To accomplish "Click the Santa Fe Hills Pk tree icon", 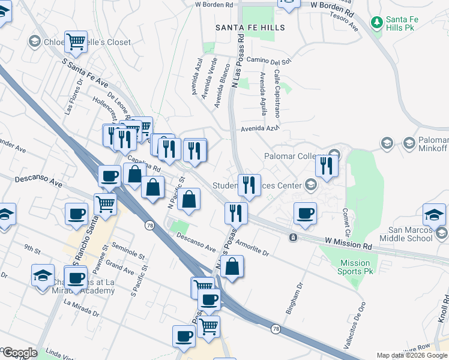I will pos(376,23).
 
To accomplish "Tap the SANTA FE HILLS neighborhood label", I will pos(250,28).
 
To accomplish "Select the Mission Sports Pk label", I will pos(355,267).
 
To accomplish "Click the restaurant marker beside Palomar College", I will pos(327,165).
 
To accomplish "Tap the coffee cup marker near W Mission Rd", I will pos(305,213).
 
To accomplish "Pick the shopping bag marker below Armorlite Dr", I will pos(232,266).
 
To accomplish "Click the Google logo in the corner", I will pos(19,353).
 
